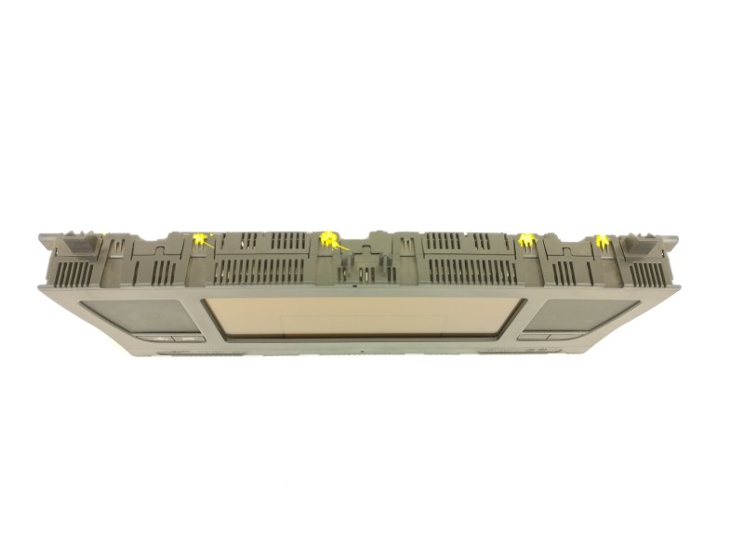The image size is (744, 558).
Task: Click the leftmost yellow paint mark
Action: point(198,240)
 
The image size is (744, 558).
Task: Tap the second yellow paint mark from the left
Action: point(328,241)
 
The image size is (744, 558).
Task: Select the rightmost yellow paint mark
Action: point(600,244)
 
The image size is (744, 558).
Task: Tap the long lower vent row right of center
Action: point(471,272)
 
